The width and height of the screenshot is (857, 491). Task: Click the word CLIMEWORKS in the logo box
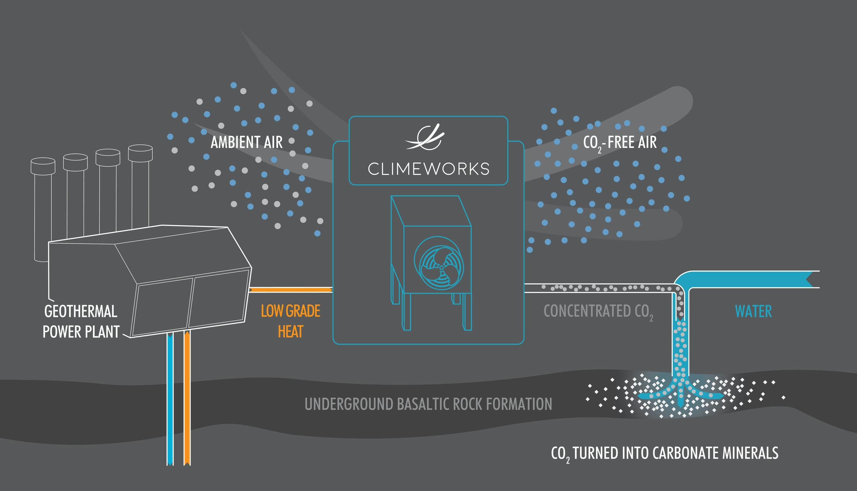[x=428, y=169]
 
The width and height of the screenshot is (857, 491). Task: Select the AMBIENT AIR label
[x=246, y=142]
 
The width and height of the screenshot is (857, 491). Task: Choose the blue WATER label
[x=753, y=311]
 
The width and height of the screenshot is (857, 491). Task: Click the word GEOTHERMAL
[x=81, y=311]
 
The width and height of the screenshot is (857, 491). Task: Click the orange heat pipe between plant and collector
[x=291, y=290]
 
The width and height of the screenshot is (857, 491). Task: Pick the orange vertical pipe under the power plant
[x=187, y=398]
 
